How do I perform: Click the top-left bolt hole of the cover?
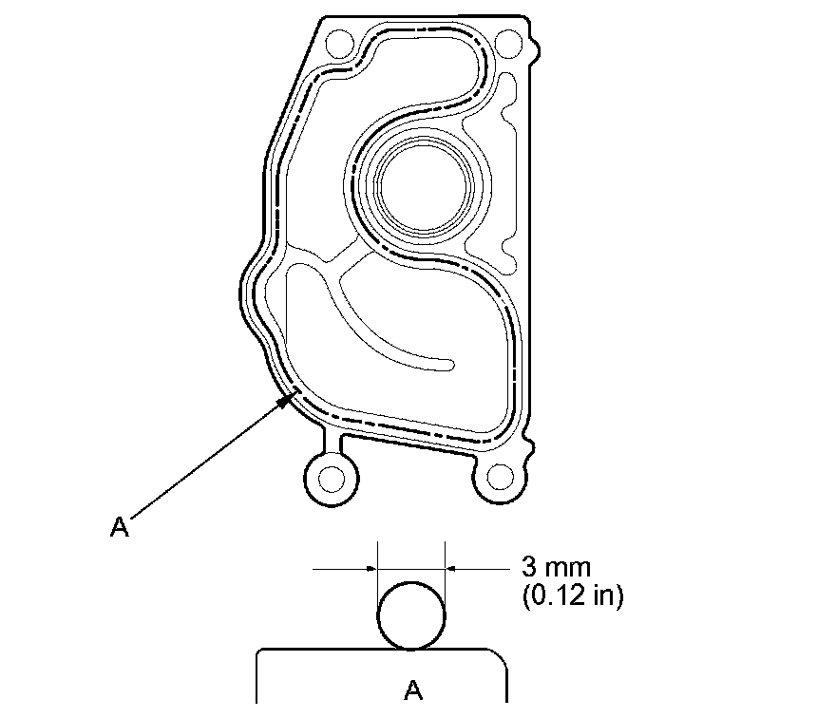pos(340,44)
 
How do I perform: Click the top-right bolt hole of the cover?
pos(508,44)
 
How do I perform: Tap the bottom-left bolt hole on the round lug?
pos(332,478)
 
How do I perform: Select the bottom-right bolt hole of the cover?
pos(500,477)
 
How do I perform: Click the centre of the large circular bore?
pos(424,186)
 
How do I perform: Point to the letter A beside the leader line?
pos(120,527)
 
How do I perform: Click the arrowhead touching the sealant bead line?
pos(289,398)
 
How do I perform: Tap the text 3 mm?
pos(556,567)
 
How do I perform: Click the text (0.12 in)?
pos(572,595)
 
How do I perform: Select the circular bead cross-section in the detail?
pos(411,615)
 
